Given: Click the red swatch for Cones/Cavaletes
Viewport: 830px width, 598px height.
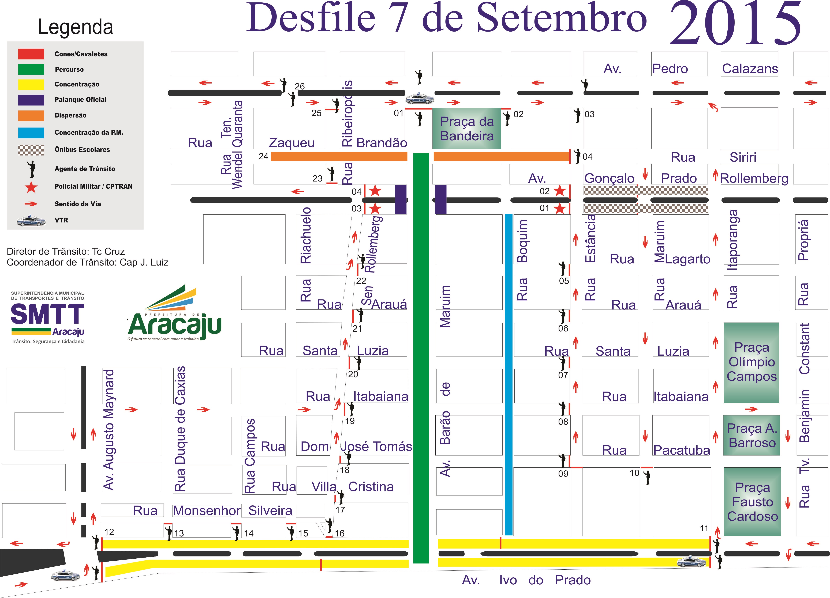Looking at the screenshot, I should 31,54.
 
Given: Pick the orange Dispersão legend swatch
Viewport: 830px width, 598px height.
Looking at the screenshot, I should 31,115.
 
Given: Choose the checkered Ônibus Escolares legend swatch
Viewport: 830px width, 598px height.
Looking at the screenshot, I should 31,150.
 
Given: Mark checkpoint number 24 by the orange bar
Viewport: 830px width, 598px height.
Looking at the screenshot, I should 263,157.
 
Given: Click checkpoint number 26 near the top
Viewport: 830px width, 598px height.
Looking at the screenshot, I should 300,86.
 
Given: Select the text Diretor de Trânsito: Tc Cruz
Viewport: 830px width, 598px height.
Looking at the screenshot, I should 66,252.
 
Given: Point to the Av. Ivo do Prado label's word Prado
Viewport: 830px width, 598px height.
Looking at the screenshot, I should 573,580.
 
